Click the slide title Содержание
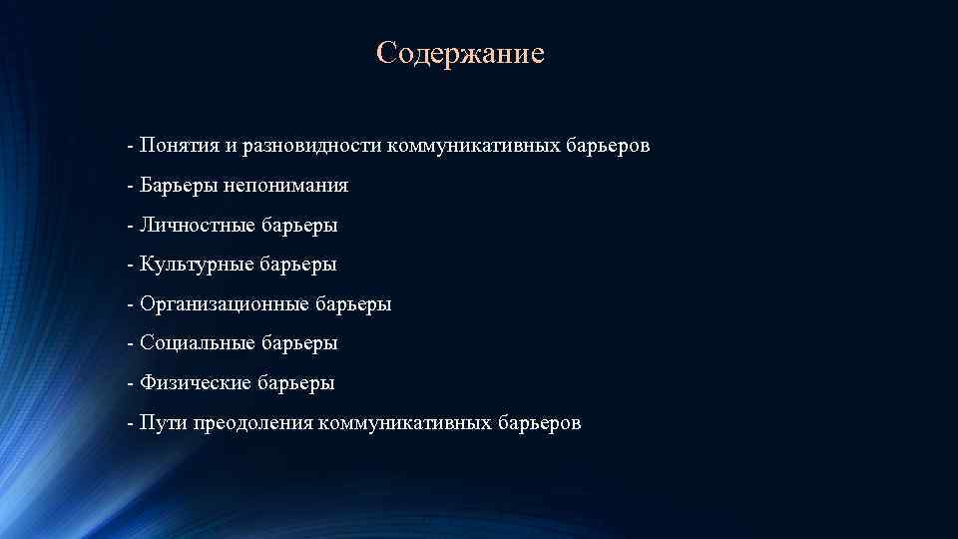pyautogui.click(x=461, y=52)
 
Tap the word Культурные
pyautogui.click(x=196, y=265)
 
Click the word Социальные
pyautogui.click(x=197, y=343)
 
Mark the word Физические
pyautogui.click(x=195, y=383)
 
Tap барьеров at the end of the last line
pyautogui.click(x=540, y=423)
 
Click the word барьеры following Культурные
pyautogui.click(x=298, y=265)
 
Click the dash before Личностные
pyautogui.click(x=131, y=227)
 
